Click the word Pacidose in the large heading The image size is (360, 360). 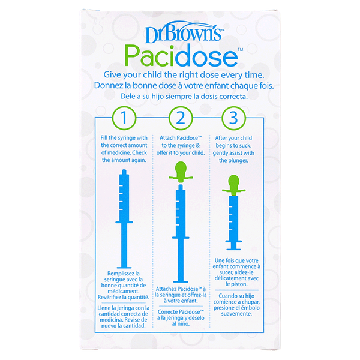point(181,56)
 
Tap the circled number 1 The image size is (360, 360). point(124,118)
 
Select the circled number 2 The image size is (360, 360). point(181,118)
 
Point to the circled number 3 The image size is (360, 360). point(233,118)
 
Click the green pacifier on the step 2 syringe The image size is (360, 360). point(181,172)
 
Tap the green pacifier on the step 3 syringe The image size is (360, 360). point(234,185)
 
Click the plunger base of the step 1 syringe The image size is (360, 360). point(124,267)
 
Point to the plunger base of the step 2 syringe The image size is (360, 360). point(181,281)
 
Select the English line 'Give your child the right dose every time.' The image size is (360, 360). point(184,75)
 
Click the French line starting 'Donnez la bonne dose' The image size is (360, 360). point(184,86)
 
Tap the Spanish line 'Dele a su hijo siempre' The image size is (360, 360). point(184,97)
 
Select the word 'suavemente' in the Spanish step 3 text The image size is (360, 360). point(236,314)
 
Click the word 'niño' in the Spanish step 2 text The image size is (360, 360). point(184,324)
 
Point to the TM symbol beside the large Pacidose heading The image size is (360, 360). point(240,49)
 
